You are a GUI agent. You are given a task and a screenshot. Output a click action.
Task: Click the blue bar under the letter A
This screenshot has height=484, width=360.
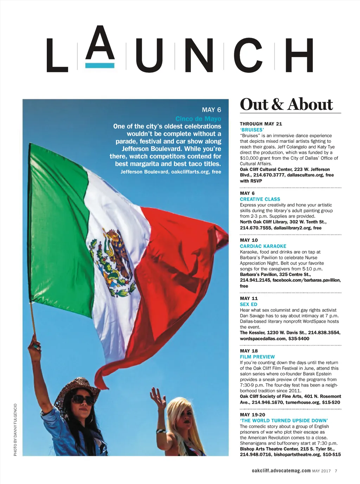coord(100,65)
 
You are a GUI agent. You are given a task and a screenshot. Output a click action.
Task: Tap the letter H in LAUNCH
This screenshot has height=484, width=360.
coord(299,55)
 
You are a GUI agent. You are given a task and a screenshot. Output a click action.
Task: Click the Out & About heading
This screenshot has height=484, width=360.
coord(286,104)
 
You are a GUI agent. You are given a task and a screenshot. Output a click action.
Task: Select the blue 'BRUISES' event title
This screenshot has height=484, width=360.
coord(252,130)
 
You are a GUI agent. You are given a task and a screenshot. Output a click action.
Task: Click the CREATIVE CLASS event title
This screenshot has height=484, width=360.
coord(260,199)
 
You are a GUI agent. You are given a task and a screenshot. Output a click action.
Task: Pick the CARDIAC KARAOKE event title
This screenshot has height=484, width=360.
coord(263,246)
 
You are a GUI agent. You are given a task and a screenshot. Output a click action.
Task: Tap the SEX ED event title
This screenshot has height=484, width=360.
coord(249,304)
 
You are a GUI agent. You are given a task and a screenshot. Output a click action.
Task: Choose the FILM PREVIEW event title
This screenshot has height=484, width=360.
coord(257,357)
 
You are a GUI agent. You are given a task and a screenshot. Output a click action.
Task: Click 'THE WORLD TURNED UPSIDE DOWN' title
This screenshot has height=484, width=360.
coord(284,420)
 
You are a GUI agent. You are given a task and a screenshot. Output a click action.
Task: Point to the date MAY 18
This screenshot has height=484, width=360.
coord(249,351)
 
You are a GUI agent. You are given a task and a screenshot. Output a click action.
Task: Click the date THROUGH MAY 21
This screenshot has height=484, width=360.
coord(261,124)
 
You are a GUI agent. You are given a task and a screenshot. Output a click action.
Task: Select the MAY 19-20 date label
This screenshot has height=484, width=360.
coord(252,415)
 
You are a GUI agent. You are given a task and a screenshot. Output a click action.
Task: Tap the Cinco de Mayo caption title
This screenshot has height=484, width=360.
coord(198,119)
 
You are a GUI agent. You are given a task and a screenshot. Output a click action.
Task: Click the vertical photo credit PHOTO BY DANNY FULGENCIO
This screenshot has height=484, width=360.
coord(15,429)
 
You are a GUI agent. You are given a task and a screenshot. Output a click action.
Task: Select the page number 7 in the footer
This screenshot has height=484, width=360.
coord(336,471)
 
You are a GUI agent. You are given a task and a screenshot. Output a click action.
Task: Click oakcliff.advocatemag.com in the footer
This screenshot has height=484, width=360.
coord(281,471)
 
